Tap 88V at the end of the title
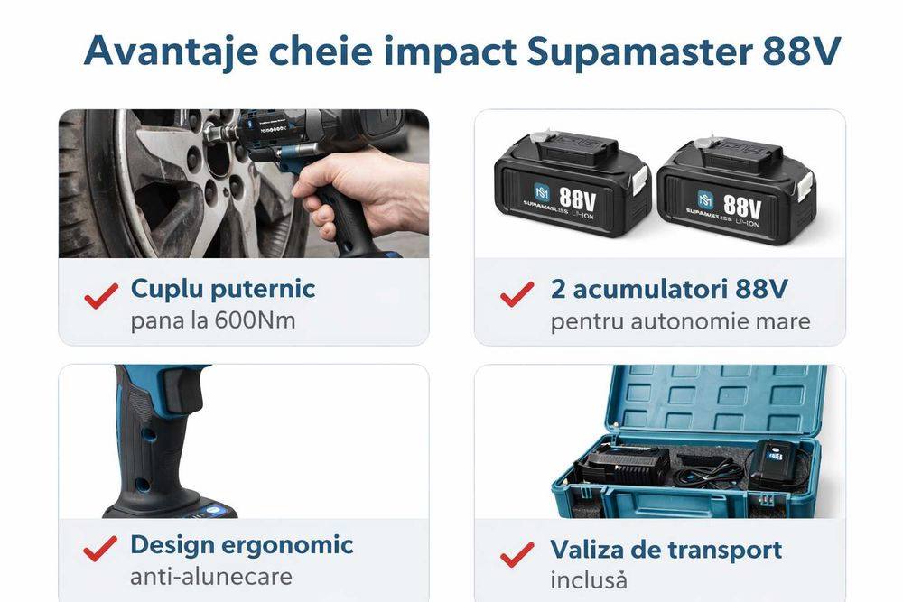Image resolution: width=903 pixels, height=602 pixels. click(x=802, y=51)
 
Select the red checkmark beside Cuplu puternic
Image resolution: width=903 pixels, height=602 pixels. click(x=101, y=295)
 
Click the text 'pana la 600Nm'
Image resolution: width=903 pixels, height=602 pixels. click(x=213, y=320)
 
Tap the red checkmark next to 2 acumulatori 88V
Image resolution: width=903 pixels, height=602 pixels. click(x=517, y=294)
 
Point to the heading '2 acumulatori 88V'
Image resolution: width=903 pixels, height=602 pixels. click(x=669, y=289)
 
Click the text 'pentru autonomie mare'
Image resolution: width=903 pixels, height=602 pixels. click(x=680, y=320)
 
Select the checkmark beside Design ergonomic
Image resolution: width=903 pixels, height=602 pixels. click(x=100, y=548)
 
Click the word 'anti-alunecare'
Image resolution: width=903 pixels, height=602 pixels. click(x=211, y=576)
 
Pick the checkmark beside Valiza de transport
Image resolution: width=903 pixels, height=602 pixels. click(x=517, y=552)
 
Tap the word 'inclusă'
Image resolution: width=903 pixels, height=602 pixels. click(x=589, y=579)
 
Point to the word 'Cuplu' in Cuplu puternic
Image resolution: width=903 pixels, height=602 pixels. click(x=167, y=290)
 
